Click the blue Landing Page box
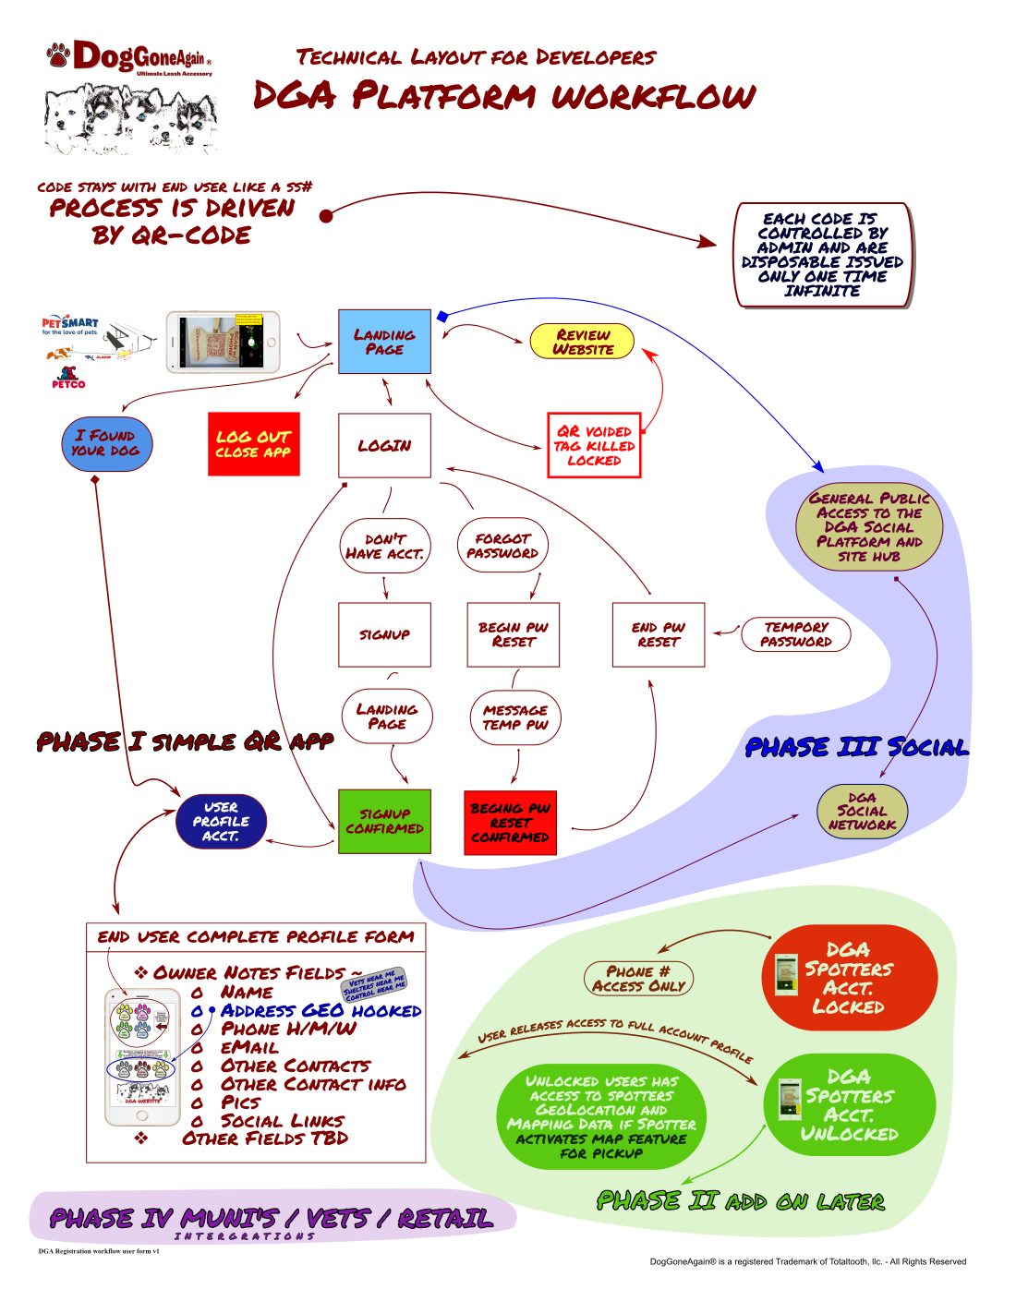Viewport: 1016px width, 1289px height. (x=384, y=342)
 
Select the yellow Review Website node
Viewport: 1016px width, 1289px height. (x=582, y=342)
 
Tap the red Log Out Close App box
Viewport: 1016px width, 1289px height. (x=254, y=444)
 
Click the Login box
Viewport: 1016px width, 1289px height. (x=384, y=445)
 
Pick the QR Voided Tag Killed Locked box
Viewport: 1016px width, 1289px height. (x=594, y=445)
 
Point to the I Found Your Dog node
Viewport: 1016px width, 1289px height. (x=106, y=443)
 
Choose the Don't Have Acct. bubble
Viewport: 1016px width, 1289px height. (x=385, y=547)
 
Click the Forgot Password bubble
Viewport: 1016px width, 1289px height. (x=502, y=546)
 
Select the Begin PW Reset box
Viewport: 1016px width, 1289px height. (x=514, y=634)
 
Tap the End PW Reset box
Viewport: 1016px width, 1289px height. (x=659, y=634)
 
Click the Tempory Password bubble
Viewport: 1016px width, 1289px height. (x=796, y=634)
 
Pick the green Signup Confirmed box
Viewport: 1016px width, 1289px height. (x=384, y=821)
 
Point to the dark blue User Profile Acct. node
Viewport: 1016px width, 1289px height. (x=222, y=821)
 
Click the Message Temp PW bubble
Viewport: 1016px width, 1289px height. (x=515, y=717)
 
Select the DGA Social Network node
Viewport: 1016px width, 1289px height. (x=863, y=812)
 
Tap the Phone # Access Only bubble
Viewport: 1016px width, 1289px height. (x=638, y=979)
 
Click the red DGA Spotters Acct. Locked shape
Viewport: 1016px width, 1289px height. (x=850, y=978)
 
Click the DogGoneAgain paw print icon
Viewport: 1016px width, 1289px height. (x=59, y=54)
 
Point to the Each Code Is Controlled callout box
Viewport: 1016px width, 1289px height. (x=822, y=255)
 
